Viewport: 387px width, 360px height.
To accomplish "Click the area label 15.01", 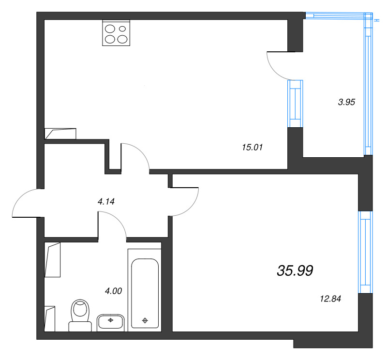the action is tap(252, 148).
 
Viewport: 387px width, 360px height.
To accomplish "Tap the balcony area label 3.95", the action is tap(346, 102).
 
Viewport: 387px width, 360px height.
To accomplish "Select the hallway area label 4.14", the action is tap(106, 202).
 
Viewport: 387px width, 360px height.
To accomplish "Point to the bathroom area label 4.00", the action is tap(114, 291).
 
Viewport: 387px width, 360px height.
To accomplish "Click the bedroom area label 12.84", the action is tap(330, 299).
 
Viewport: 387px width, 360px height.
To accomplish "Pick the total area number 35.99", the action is tap(295, 270).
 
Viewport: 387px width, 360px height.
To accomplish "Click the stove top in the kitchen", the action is tap(116, 33).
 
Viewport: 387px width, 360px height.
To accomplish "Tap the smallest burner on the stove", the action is tap(122, 29).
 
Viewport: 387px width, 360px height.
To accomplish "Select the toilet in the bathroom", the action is tap(80, 315).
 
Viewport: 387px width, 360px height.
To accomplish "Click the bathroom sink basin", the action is tap(110, 323).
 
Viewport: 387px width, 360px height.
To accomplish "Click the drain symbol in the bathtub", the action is tap(145, 320).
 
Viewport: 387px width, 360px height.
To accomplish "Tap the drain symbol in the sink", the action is tap(111, 320).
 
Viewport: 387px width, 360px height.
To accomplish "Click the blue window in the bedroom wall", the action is tap(366, 252).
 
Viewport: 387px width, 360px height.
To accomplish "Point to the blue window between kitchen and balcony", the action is tap(295, 104).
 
